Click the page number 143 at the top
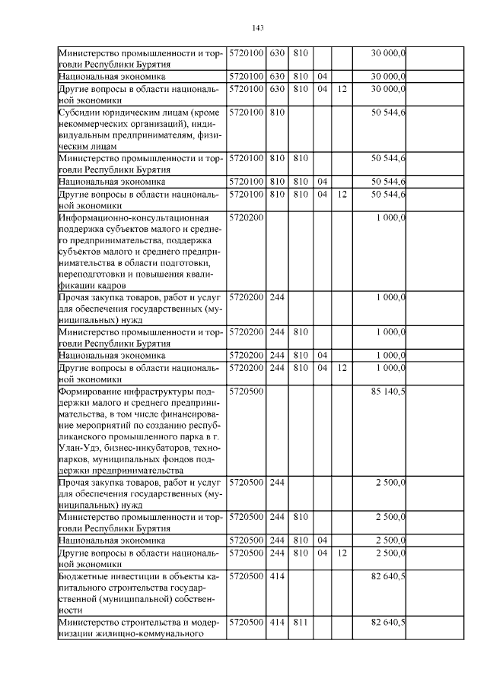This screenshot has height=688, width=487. coord(257,29)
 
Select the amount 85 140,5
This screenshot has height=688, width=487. coord(387,392)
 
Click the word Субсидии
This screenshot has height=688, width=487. coord(81,113)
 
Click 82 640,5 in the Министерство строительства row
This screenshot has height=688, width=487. coord(387,623)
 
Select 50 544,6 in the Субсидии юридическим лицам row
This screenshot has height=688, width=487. coord(387,113)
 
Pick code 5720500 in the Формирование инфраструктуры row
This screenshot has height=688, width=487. coord(246,392)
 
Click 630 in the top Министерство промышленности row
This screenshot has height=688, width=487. coord(277,53)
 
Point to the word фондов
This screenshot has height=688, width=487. coord(186,460)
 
